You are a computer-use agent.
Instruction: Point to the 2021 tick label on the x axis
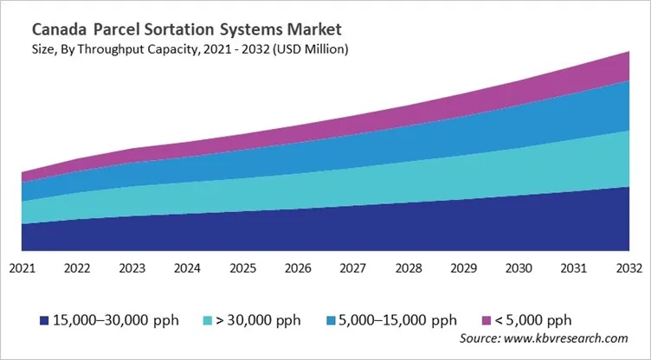pyautogui.click(x=22, y=268)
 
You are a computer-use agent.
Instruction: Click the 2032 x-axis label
pyautogui.click(x=629, y=268)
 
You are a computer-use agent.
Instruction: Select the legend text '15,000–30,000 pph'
pyautogui.click(x=115, y=320)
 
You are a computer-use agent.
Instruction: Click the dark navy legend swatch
pyautogui.click(x=43, y=321)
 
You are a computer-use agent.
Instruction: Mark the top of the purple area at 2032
pyautogui.click(x=628, y=53)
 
